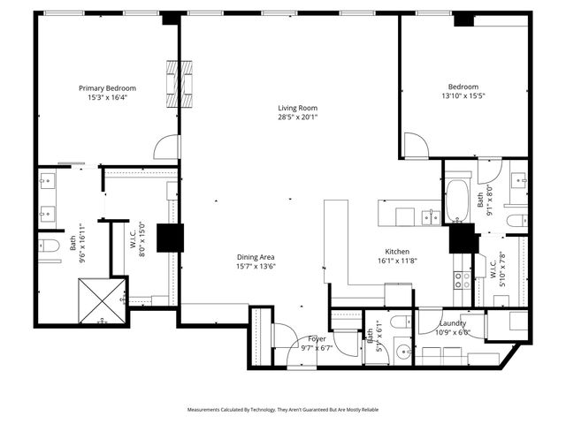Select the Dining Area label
[255, 257]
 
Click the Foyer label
[317, 339]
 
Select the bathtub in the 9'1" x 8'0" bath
[457, 201]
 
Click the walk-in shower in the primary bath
[100, 301]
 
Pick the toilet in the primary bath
[50, 245]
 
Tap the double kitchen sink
[432, 216]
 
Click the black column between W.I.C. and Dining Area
[170, 238]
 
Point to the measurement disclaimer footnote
[283, 410]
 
